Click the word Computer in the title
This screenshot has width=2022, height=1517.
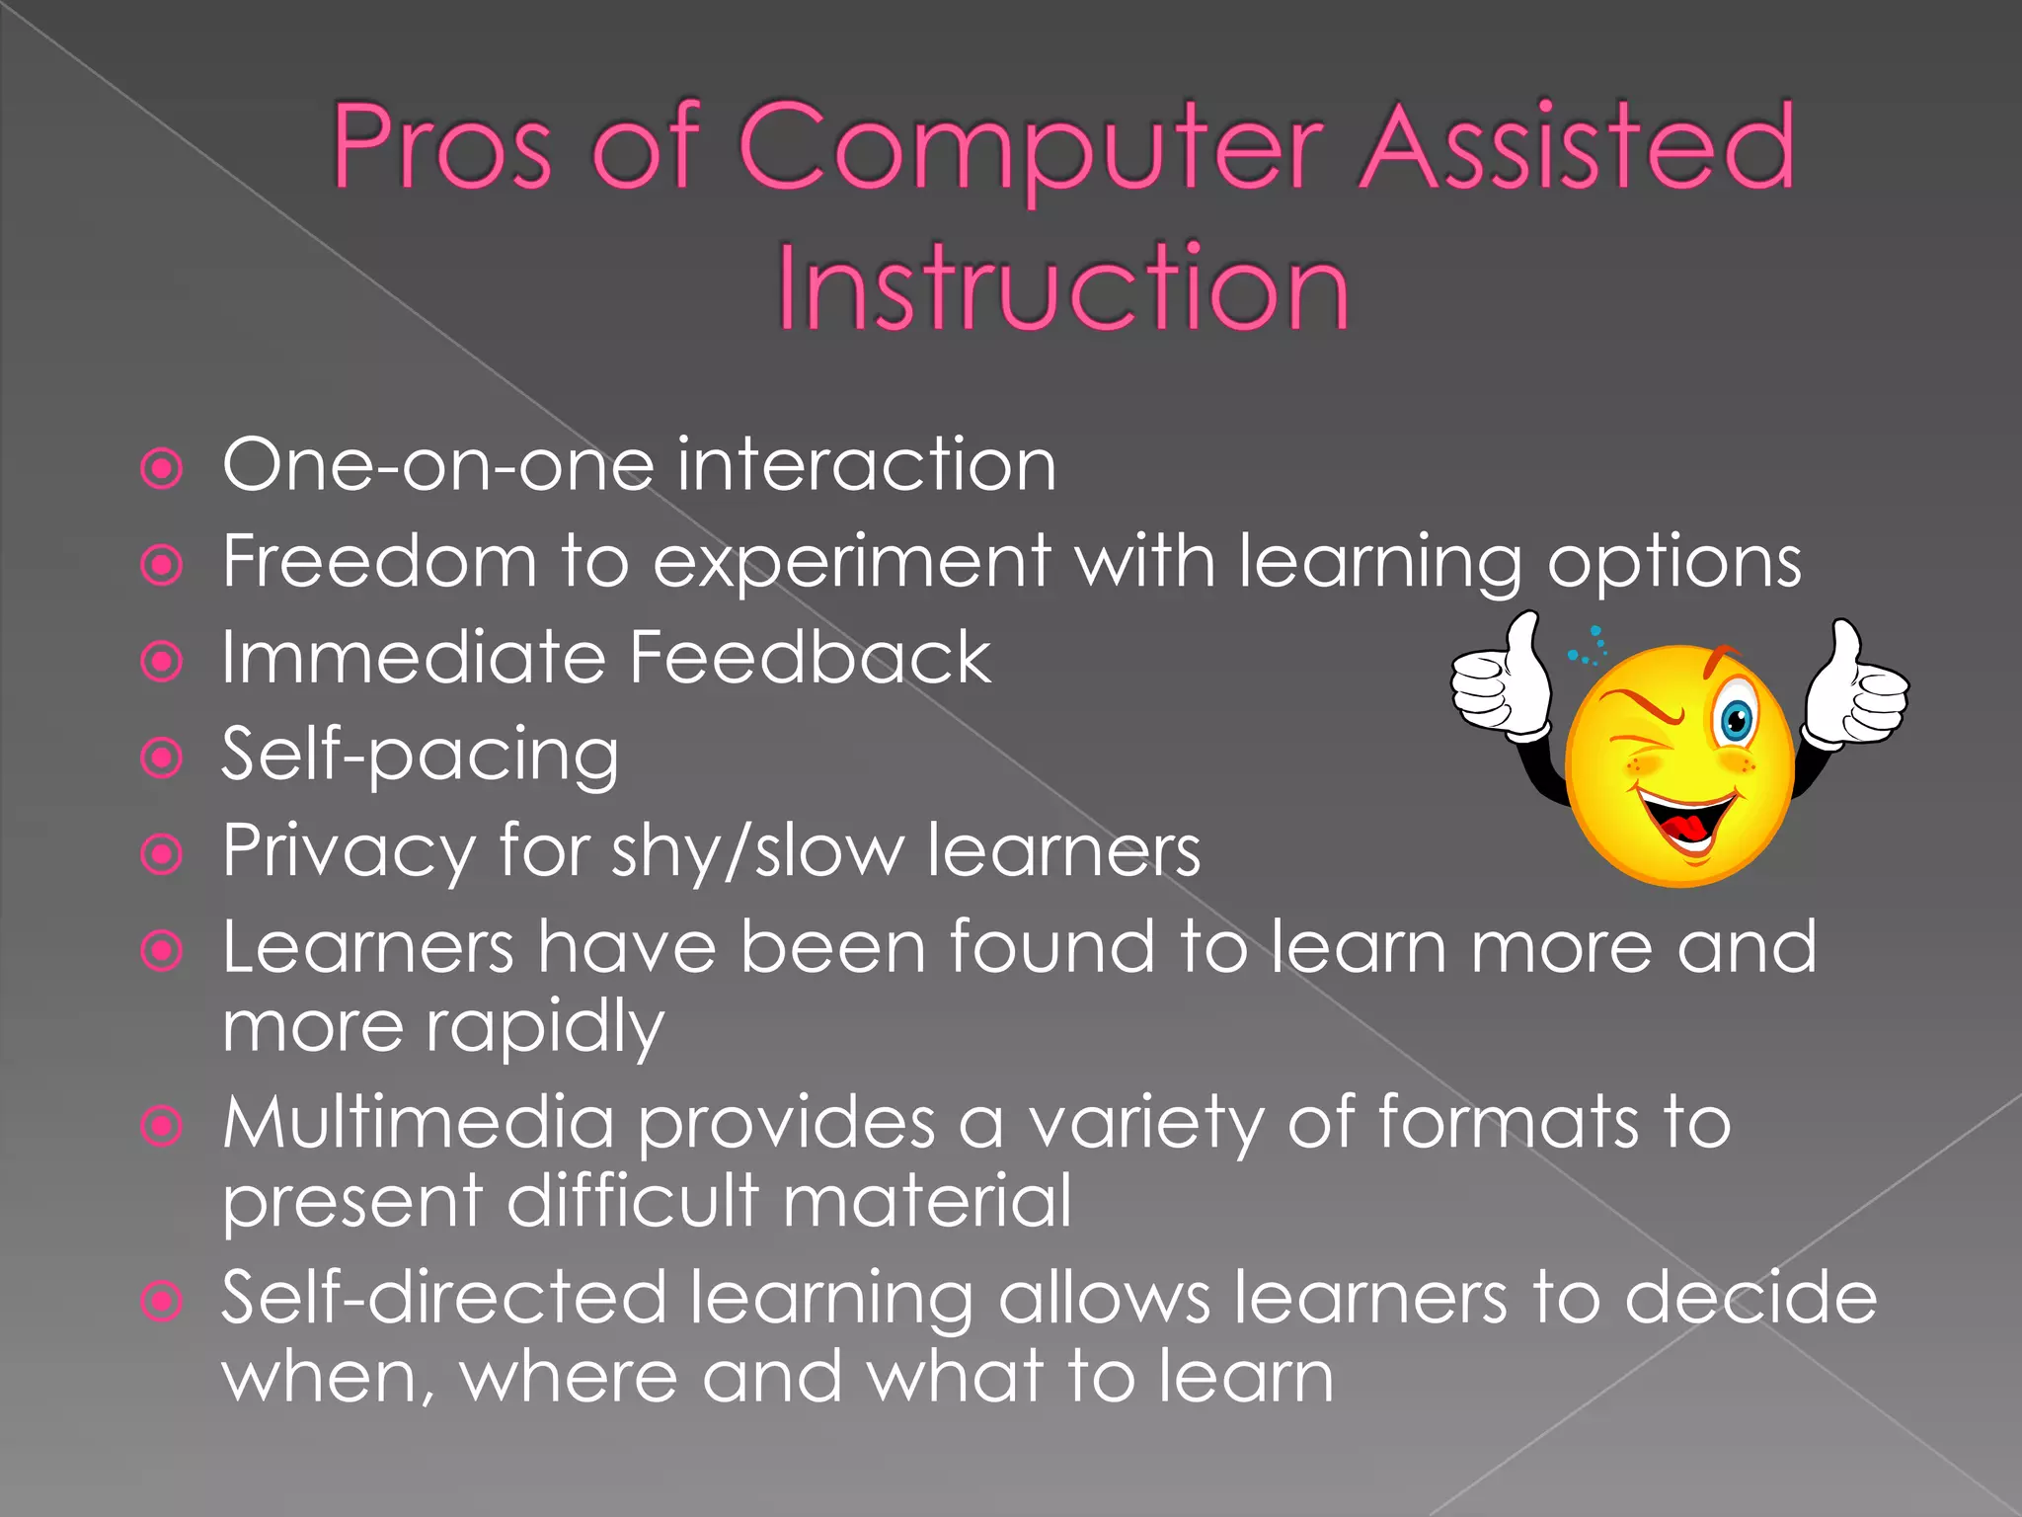[1031, 148]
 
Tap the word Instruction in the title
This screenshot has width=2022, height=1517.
[1062, 288]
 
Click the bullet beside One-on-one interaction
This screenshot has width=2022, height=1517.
[162, 468]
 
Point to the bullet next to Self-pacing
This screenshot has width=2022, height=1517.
[162, 758]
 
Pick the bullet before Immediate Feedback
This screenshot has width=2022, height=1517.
[162, 662]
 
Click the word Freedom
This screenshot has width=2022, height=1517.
[379, 561]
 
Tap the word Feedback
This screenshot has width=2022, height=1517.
[810, 658]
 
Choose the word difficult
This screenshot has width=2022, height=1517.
[632, 1201]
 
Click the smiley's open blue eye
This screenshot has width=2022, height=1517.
[1736, 721]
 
